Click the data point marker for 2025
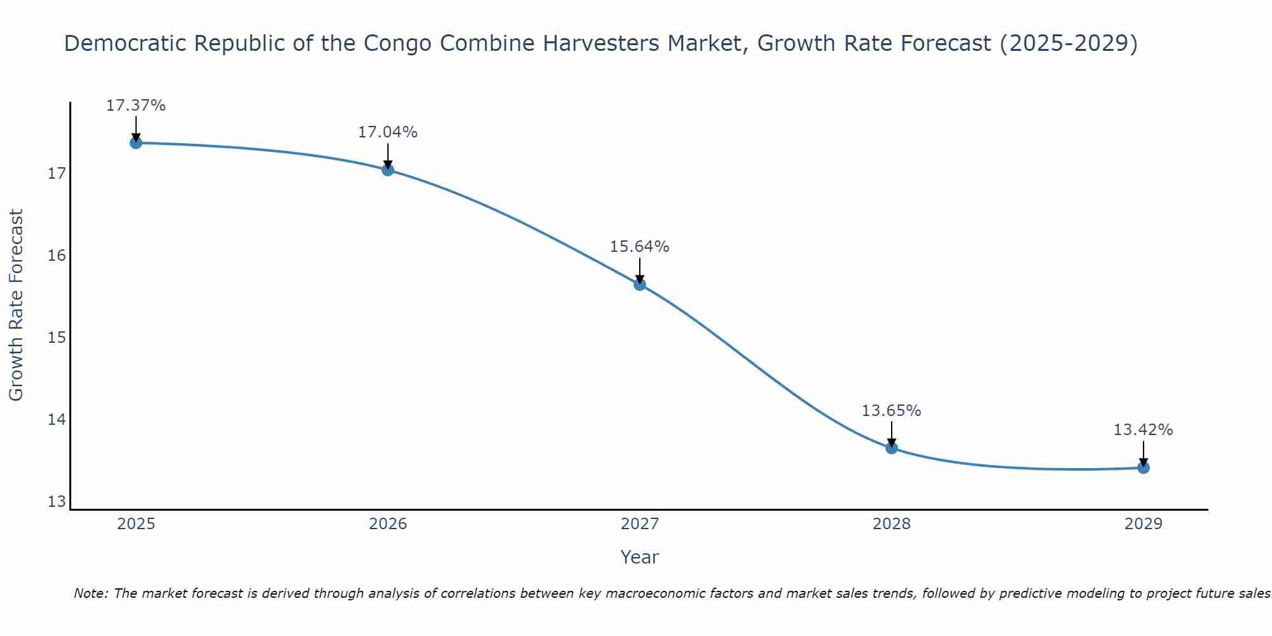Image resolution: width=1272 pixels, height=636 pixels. coord(135,143)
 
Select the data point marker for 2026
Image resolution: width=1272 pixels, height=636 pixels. coord(388,170)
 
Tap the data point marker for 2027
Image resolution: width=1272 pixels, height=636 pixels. coord(640,284)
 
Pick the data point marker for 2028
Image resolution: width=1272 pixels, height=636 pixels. coord(892,448)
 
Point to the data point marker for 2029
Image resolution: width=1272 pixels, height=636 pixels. coord(1144,467)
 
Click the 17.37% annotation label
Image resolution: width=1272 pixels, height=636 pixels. coord(135,106)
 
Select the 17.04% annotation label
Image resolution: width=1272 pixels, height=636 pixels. coord(388,132)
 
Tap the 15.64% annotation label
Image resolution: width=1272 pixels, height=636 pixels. coord(640,247)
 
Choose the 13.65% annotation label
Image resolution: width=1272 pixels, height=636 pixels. coord(892,411)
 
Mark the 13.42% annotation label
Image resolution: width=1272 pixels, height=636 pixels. coord(1144,430)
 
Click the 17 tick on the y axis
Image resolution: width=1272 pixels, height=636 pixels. coord(57,174)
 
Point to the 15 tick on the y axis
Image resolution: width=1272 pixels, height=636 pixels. coord(57,338)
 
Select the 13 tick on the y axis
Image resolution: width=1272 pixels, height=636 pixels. coord(57,502)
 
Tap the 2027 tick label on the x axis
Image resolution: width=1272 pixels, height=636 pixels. coord(640,524)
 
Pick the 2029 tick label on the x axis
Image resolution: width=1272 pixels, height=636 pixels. coord(1144,524)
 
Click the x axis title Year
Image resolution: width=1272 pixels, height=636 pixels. coord(640,557)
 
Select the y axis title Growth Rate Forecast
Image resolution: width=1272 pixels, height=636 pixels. coord(17,305)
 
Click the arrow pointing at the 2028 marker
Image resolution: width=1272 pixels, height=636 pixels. coord(892,434)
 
